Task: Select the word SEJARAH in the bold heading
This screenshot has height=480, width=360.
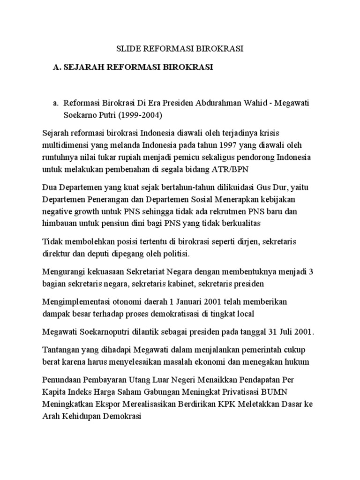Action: pos(84,67)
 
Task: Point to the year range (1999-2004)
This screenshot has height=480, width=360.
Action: pos(140,114)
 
